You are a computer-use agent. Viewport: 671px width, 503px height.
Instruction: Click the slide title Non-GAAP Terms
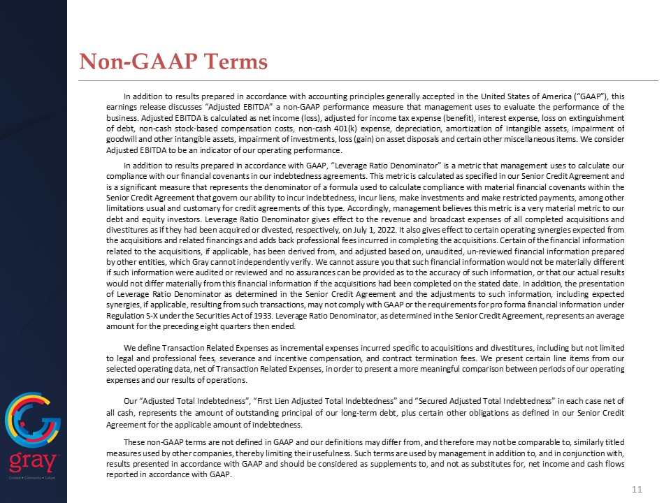(173, 62)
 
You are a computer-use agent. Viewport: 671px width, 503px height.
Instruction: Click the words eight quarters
(209, 328)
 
